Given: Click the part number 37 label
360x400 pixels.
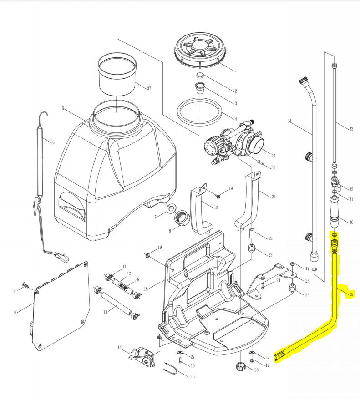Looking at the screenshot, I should [149, 88].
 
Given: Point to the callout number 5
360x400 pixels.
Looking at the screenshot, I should [63, 109].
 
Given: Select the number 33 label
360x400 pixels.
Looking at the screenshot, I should [350, 129].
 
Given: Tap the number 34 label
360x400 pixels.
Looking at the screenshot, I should [289, 121].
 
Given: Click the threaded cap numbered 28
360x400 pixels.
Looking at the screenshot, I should [240, 366].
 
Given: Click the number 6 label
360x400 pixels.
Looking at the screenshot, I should [53, 142].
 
